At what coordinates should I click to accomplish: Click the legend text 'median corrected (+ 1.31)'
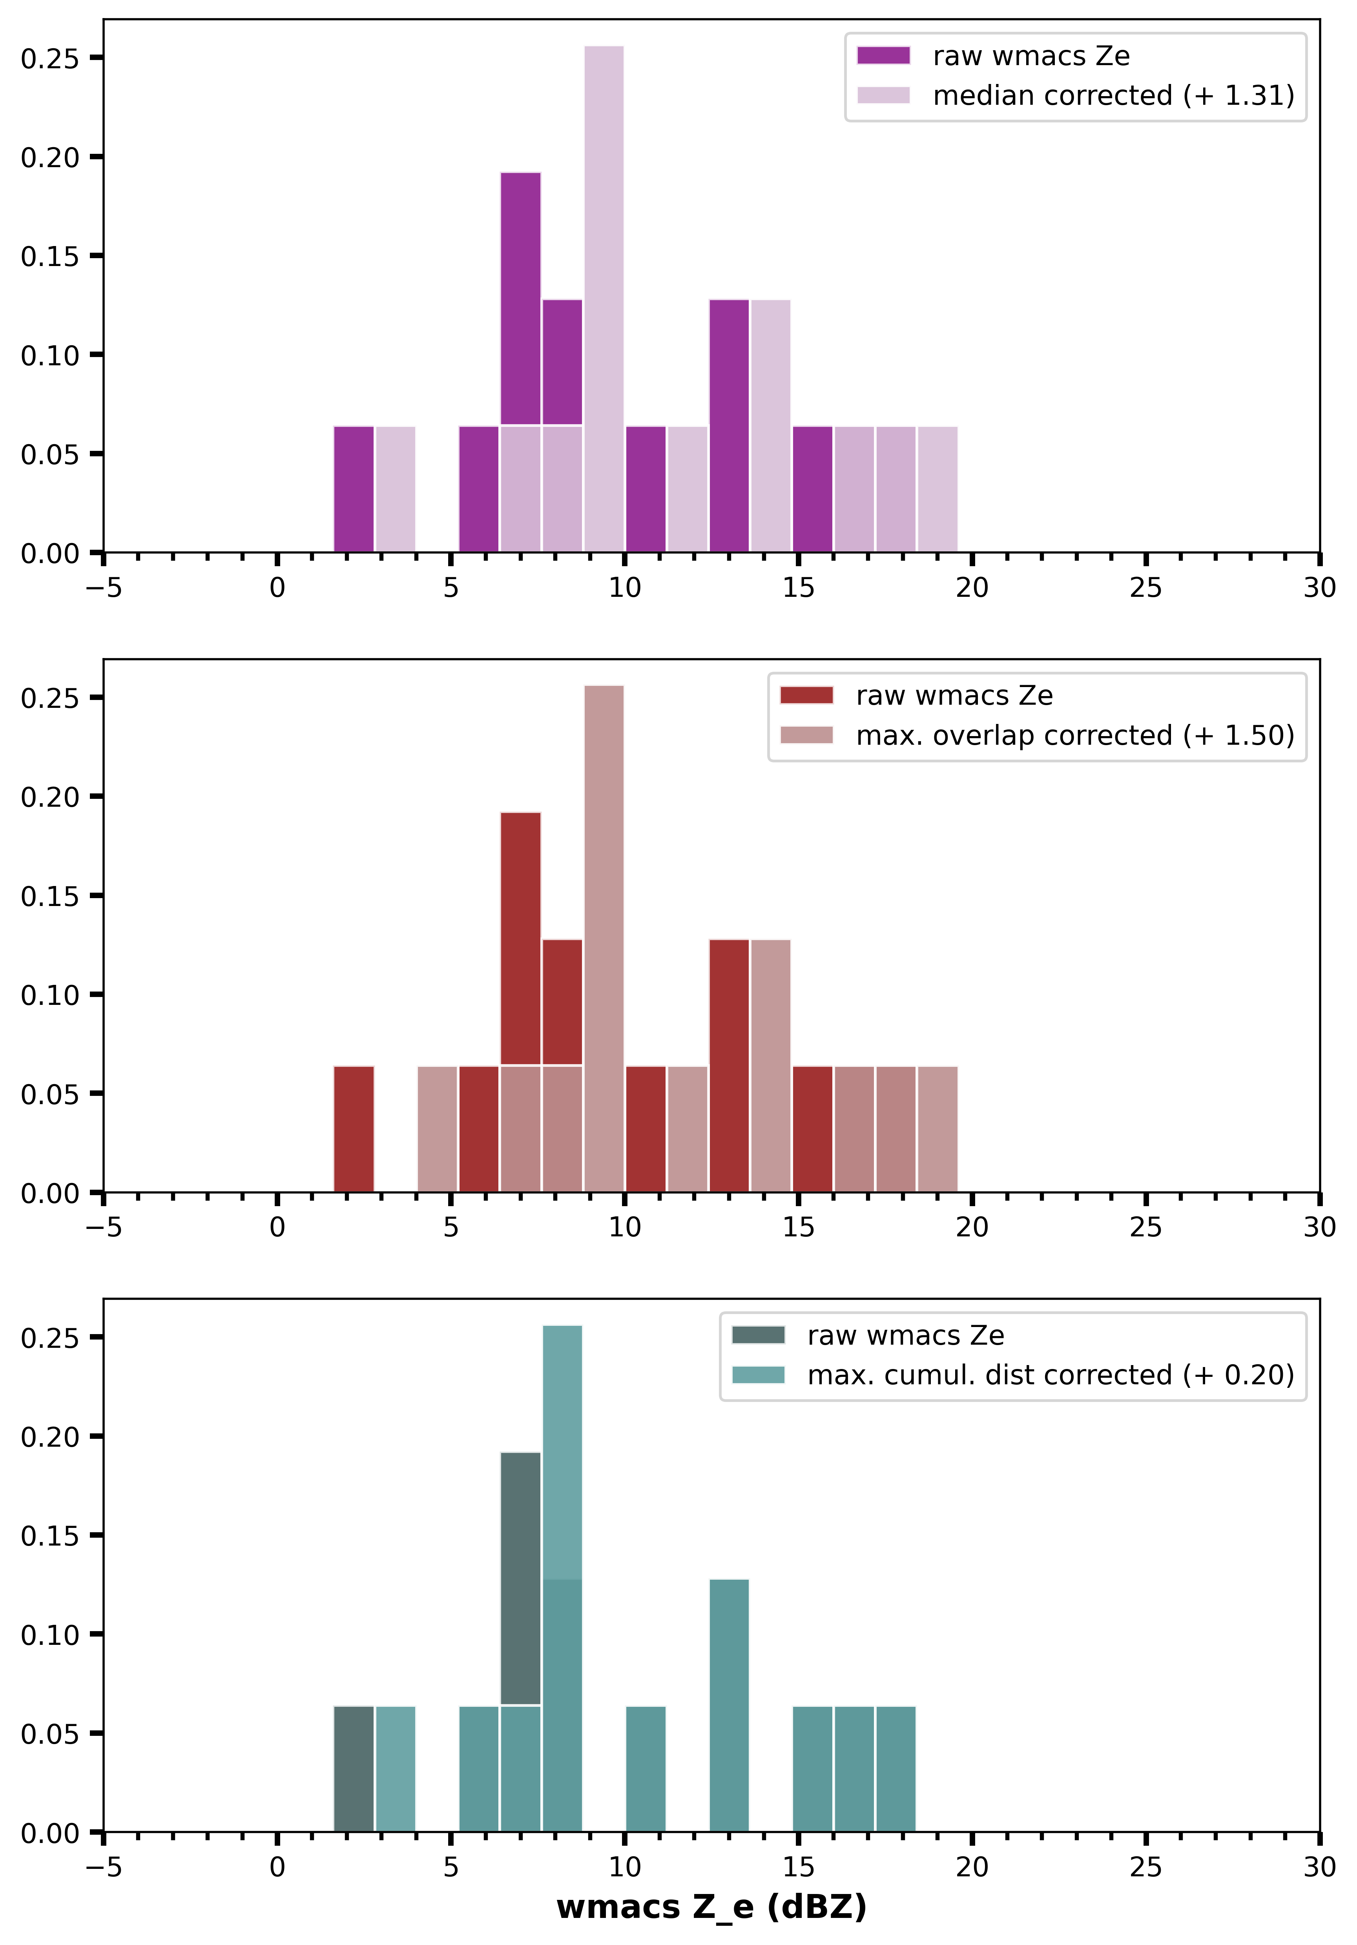(1113, 96)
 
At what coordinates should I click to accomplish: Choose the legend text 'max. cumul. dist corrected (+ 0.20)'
(1051, 1375)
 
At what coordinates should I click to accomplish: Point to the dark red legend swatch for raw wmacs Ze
(806, 696)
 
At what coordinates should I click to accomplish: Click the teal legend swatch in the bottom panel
(758, 1375)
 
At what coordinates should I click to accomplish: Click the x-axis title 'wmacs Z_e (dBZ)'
(711, 1907)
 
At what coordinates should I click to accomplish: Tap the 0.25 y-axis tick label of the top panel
(49, 58)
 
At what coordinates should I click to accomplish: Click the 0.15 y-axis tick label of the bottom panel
(49, 1536)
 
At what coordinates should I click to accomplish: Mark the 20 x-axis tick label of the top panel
(972, 588)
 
